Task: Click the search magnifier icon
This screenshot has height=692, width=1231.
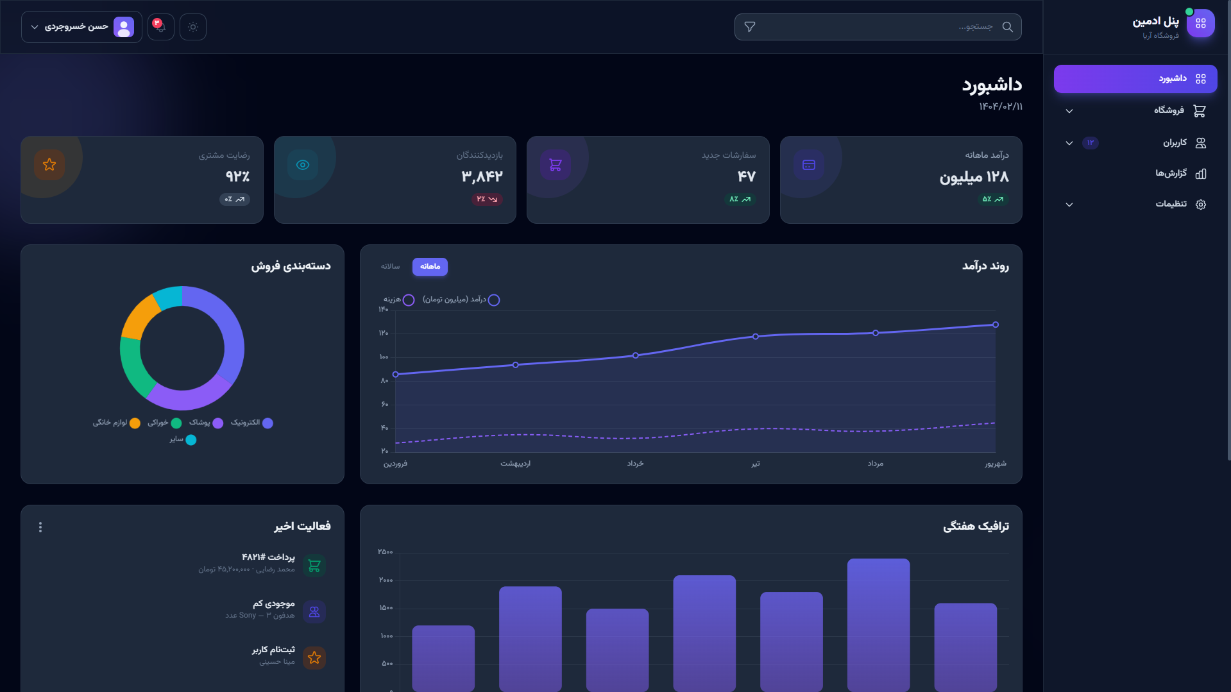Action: click(x=1007, y=27)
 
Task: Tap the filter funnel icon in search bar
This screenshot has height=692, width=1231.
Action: click(x=749, y=27)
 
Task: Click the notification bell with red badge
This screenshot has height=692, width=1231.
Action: click(x=160, y=27)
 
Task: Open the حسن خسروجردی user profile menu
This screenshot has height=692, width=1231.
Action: click(x=81, y=27)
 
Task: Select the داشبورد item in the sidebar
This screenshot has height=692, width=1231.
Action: click(x=1135, y=79)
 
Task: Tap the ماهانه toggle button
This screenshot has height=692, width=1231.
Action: click(x=430, y=266)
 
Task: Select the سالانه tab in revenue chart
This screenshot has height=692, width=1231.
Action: click(x=390, y=266)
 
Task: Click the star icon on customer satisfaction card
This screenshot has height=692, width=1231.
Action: click(x=49, y=165)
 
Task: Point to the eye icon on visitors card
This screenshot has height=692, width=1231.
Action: click(x=303, y=165)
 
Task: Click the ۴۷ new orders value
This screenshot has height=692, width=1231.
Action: click(x=746, y=176)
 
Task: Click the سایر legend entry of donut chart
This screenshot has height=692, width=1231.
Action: click(x=183, y=439)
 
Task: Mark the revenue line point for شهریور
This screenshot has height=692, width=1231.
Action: click(x=995, y=325)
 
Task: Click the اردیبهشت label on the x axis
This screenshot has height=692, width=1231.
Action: click(x=515, y=464)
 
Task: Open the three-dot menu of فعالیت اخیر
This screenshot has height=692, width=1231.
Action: click(x=40, y=527)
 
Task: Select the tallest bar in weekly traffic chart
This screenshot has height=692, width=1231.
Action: click(x=878, y=625)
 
